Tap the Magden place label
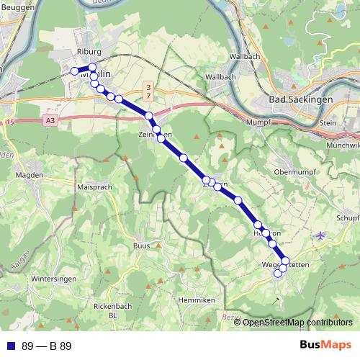click(x=30, y=175)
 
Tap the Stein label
click(x=328, y=123)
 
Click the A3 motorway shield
click(x=49, y=122)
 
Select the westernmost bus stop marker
click(x=73, y=71)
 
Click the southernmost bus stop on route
click(x=278, y=273)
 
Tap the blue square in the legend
click(x=10, y=346)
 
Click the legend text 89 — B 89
click(x=47, y=346)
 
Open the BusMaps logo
click(x=326, y=345)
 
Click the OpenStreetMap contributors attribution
click(x=293, y=323)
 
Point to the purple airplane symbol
click(x=320, y=234)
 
